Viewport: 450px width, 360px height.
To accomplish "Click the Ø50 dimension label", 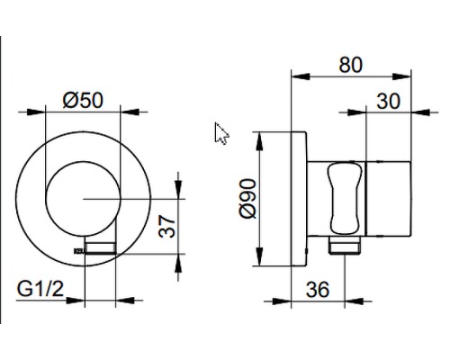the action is tap(83, 100).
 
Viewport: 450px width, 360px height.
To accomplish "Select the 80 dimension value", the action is tap(351, 65).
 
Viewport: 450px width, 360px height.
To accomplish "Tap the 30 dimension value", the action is tap(388, 102).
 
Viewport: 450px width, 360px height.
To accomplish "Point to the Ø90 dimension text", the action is tap(247, 198).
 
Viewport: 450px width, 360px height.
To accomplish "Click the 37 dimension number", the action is tap(166, 227).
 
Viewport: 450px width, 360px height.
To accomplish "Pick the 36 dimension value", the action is tap(318, 290).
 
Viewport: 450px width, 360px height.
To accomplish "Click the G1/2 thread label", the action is tap(40, 289).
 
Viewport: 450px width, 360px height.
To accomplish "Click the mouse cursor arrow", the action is tap(221, 133).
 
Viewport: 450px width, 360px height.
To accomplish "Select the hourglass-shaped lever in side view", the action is tap(345, 198).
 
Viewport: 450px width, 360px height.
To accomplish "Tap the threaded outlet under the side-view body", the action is tap(345, 245).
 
